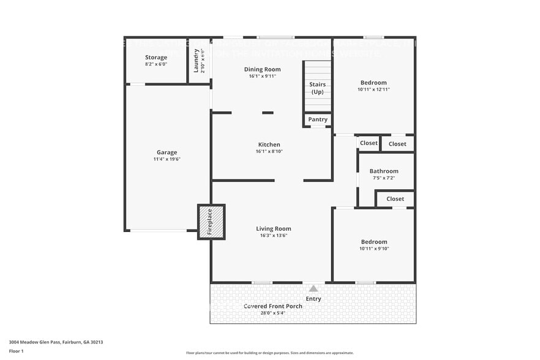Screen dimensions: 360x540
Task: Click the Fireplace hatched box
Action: pyautogui.click(x=211, y=222)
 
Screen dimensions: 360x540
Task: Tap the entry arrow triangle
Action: pyautogui.click(x=313, y=288)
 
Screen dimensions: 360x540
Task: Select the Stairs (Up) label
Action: pyautogui.click(x=317, y=88)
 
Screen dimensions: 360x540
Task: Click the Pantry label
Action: pyautogui.click(x=318, y=119)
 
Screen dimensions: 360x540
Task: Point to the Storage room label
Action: pyautogui.click(x=156, y=58)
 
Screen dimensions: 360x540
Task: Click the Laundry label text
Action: pyautogui.click(x=197, y=61)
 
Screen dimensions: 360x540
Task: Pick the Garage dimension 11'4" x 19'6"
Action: pyautogui.click(x=167, y=159)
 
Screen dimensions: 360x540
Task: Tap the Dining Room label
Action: pyautogui.click(x=262, y=69)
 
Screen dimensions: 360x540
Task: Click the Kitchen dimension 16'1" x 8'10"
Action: pyautogui.click(x=269, y=151)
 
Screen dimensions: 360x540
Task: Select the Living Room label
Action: pyautogui.click(x=273, y=228)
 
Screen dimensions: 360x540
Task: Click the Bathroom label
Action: pyautogui.click(x=384, y=171)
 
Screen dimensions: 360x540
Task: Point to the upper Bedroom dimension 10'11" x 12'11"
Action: pyautogui.click(x=373, y=89)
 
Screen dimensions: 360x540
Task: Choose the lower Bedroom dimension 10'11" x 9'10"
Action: pyautogui.click(x=373, y=249)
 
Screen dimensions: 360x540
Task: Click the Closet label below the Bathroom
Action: pyautogui.click(x=395, y=199)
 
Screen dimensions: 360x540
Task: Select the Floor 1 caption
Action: pyautogui.click(x=16, y=351)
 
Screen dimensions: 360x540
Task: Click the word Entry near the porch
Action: pyautogui.click(x=313, y=299)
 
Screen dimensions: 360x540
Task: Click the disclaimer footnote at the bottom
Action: pyautogui.click(x=269, y=353)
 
